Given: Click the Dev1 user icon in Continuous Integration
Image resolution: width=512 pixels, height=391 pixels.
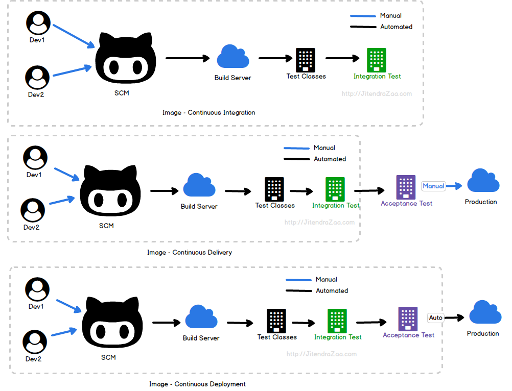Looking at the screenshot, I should [38, 22].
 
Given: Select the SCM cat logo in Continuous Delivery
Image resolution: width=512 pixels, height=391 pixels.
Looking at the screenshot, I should [110, 191].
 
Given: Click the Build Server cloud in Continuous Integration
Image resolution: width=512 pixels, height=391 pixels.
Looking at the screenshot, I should [233, 57].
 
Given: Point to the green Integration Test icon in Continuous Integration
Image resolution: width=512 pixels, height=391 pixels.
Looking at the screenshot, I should [377, 60].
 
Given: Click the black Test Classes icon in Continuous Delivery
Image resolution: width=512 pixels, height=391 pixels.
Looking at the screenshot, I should [274, 189].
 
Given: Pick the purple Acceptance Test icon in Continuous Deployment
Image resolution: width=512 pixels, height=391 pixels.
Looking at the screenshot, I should [408, 319].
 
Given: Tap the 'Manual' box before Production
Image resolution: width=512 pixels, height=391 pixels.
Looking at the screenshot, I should [433, 186].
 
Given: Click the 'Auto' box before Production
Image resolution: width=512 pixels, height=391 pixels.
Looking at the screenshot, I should [435, 318].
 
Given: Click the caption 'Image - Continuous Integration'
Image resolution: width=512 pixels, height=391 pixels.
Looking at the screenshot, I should [208, 113].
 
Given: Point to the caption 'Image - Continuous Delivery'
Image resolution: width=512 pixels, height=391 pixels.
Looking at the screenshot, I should [189, 253].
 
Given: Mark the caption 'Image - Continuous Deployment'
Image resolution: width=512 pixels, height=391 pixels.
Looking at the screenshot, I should [197, 384].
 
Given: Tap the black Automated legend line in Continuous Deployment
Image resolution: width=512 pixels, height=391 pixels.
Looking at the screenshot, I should [298, 291].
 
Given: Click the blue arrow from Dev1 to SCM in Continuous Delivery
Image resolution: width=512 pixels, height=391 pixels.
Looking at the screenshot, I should [67, 174].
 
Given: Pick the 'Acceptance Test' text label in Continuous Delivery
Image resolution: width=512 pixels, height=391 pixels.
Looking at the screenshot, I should [406, 204].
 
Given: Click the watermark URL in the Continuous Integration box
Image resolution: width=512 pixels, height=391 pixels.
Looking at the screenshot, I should [377, 94].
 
